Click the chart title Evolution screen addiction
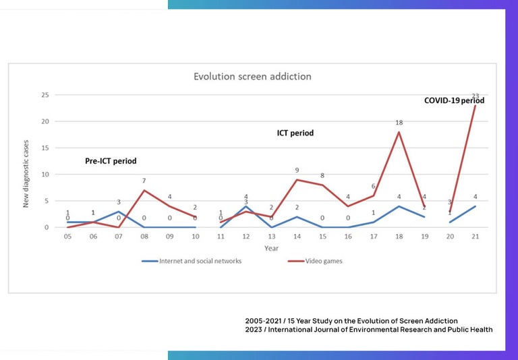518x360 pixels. tap(252, 77)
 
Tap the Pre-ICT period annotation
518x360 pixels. tap(111, 161)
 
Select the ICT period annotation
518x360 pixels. tap(295, 133)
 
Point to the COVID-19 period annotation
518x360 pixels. tap(454, 100)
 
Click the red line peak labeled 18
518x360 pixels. tap(399, 132)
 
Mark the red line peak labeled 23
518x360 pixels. tap(475, 105)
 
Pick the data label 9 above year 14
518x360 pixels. tap(297, 171)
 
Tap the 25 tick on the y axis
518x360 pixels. tap(46, 95)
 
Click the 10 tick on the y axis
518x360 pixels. tap(46, 175)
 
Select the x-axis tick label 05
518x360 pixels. tap(67, 237)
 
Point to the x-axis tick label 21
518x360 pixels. tap(475, 237)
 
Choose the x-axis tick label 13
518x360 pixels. tap(271, 237)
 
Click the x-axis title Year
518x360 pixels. tap(271, 248)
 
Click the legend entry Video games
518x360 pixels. tap(326, 261)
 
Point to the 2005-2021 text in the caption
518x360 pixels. tap(264, 320)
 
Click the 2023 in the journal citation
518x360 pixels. tap(254, 330)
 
